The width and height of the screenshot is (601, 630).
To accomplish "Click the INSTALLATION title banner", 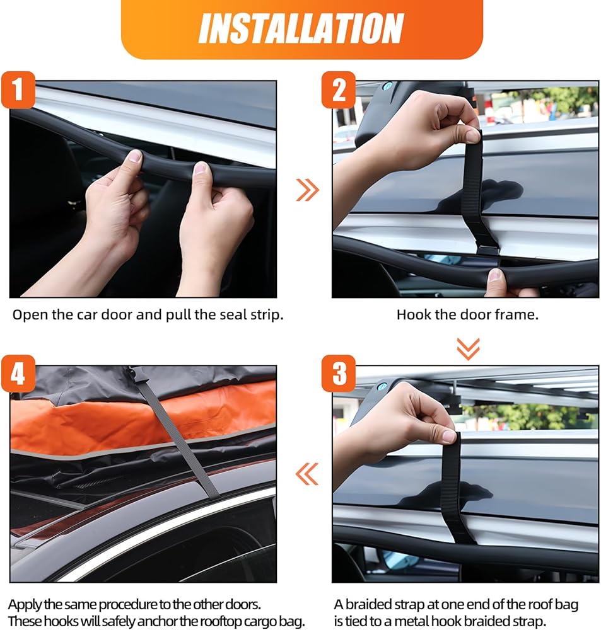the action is click(x=301, y=28).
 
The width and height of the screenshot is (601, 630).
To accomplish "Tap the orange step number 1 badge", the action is click(x=18, y=89).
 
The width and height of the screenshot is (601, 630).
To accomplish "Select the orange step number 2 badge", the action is click(x=338, y=89).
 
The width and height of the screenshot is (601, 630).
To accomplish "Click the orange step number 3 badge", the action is click(x=338, y=373).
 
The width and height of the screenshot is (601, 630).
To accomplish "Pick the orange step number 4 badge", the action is click(x=18, y=373).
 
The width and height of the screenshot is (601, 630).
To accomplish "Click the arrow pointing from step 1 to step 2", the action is click(x=308, y=190).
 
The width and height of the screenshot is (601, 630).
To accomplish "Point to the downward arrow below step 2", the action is click(x=468, y=348).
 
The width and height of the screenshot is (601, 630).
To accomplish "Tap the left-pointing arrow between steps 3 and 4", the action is click(x=307, y=474).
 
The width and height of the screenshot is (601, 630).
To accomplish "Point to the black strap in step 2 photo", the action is click(x=477, y=190).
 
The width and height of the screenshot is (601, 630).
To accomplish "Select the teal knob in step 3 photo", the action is click(x=381, y=387).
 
